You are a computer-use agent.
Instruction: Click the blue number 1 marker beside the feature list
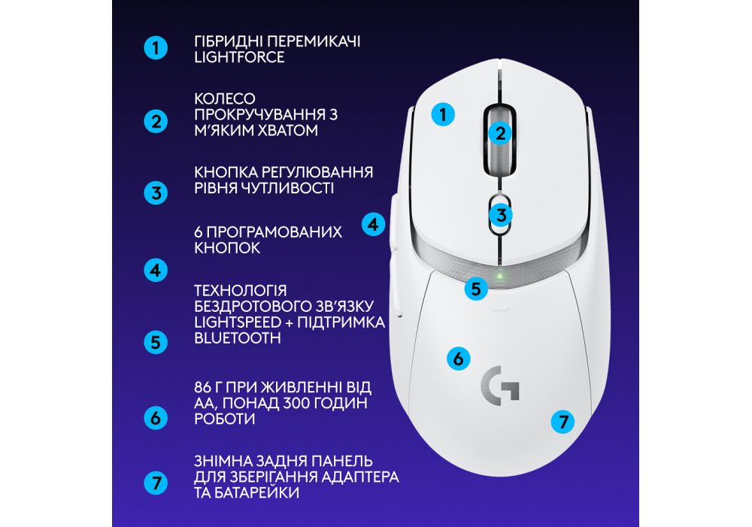tap(156, 48)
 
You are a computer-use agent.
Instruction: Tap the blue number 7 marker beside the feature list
tap(156, 483)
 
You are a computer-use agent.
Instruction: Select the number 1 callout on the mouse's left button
tap(443, 114)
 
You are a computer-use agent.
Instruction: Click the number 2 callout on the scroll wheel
tap(500, 133)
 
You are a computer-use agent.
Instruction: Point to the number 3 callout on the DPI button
tap(501, 215)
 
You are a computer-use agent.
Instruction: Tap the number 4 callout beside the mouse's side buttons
tap(373, 224)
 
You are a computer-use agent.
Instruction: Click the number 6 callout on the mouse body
tap(458, 358)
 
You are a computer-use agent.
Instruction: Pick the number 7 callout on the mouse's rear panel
tap(562, 422)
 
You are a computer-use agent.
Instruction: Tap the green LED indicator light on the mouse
tap(499, 276)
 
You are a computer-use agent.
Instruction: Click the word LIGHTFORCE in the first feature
tap(239, 57)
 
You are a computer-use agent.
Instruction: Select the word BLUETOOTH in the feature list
tap(238, 338)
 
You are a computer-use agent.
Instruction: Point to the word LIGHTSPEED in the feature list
tap(238, 322)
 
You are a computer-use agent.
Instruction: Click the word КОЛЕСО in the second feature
tap(224, 98)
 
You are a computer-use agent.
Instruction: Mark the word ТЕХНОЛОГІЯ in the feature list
tap(241, 291)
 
